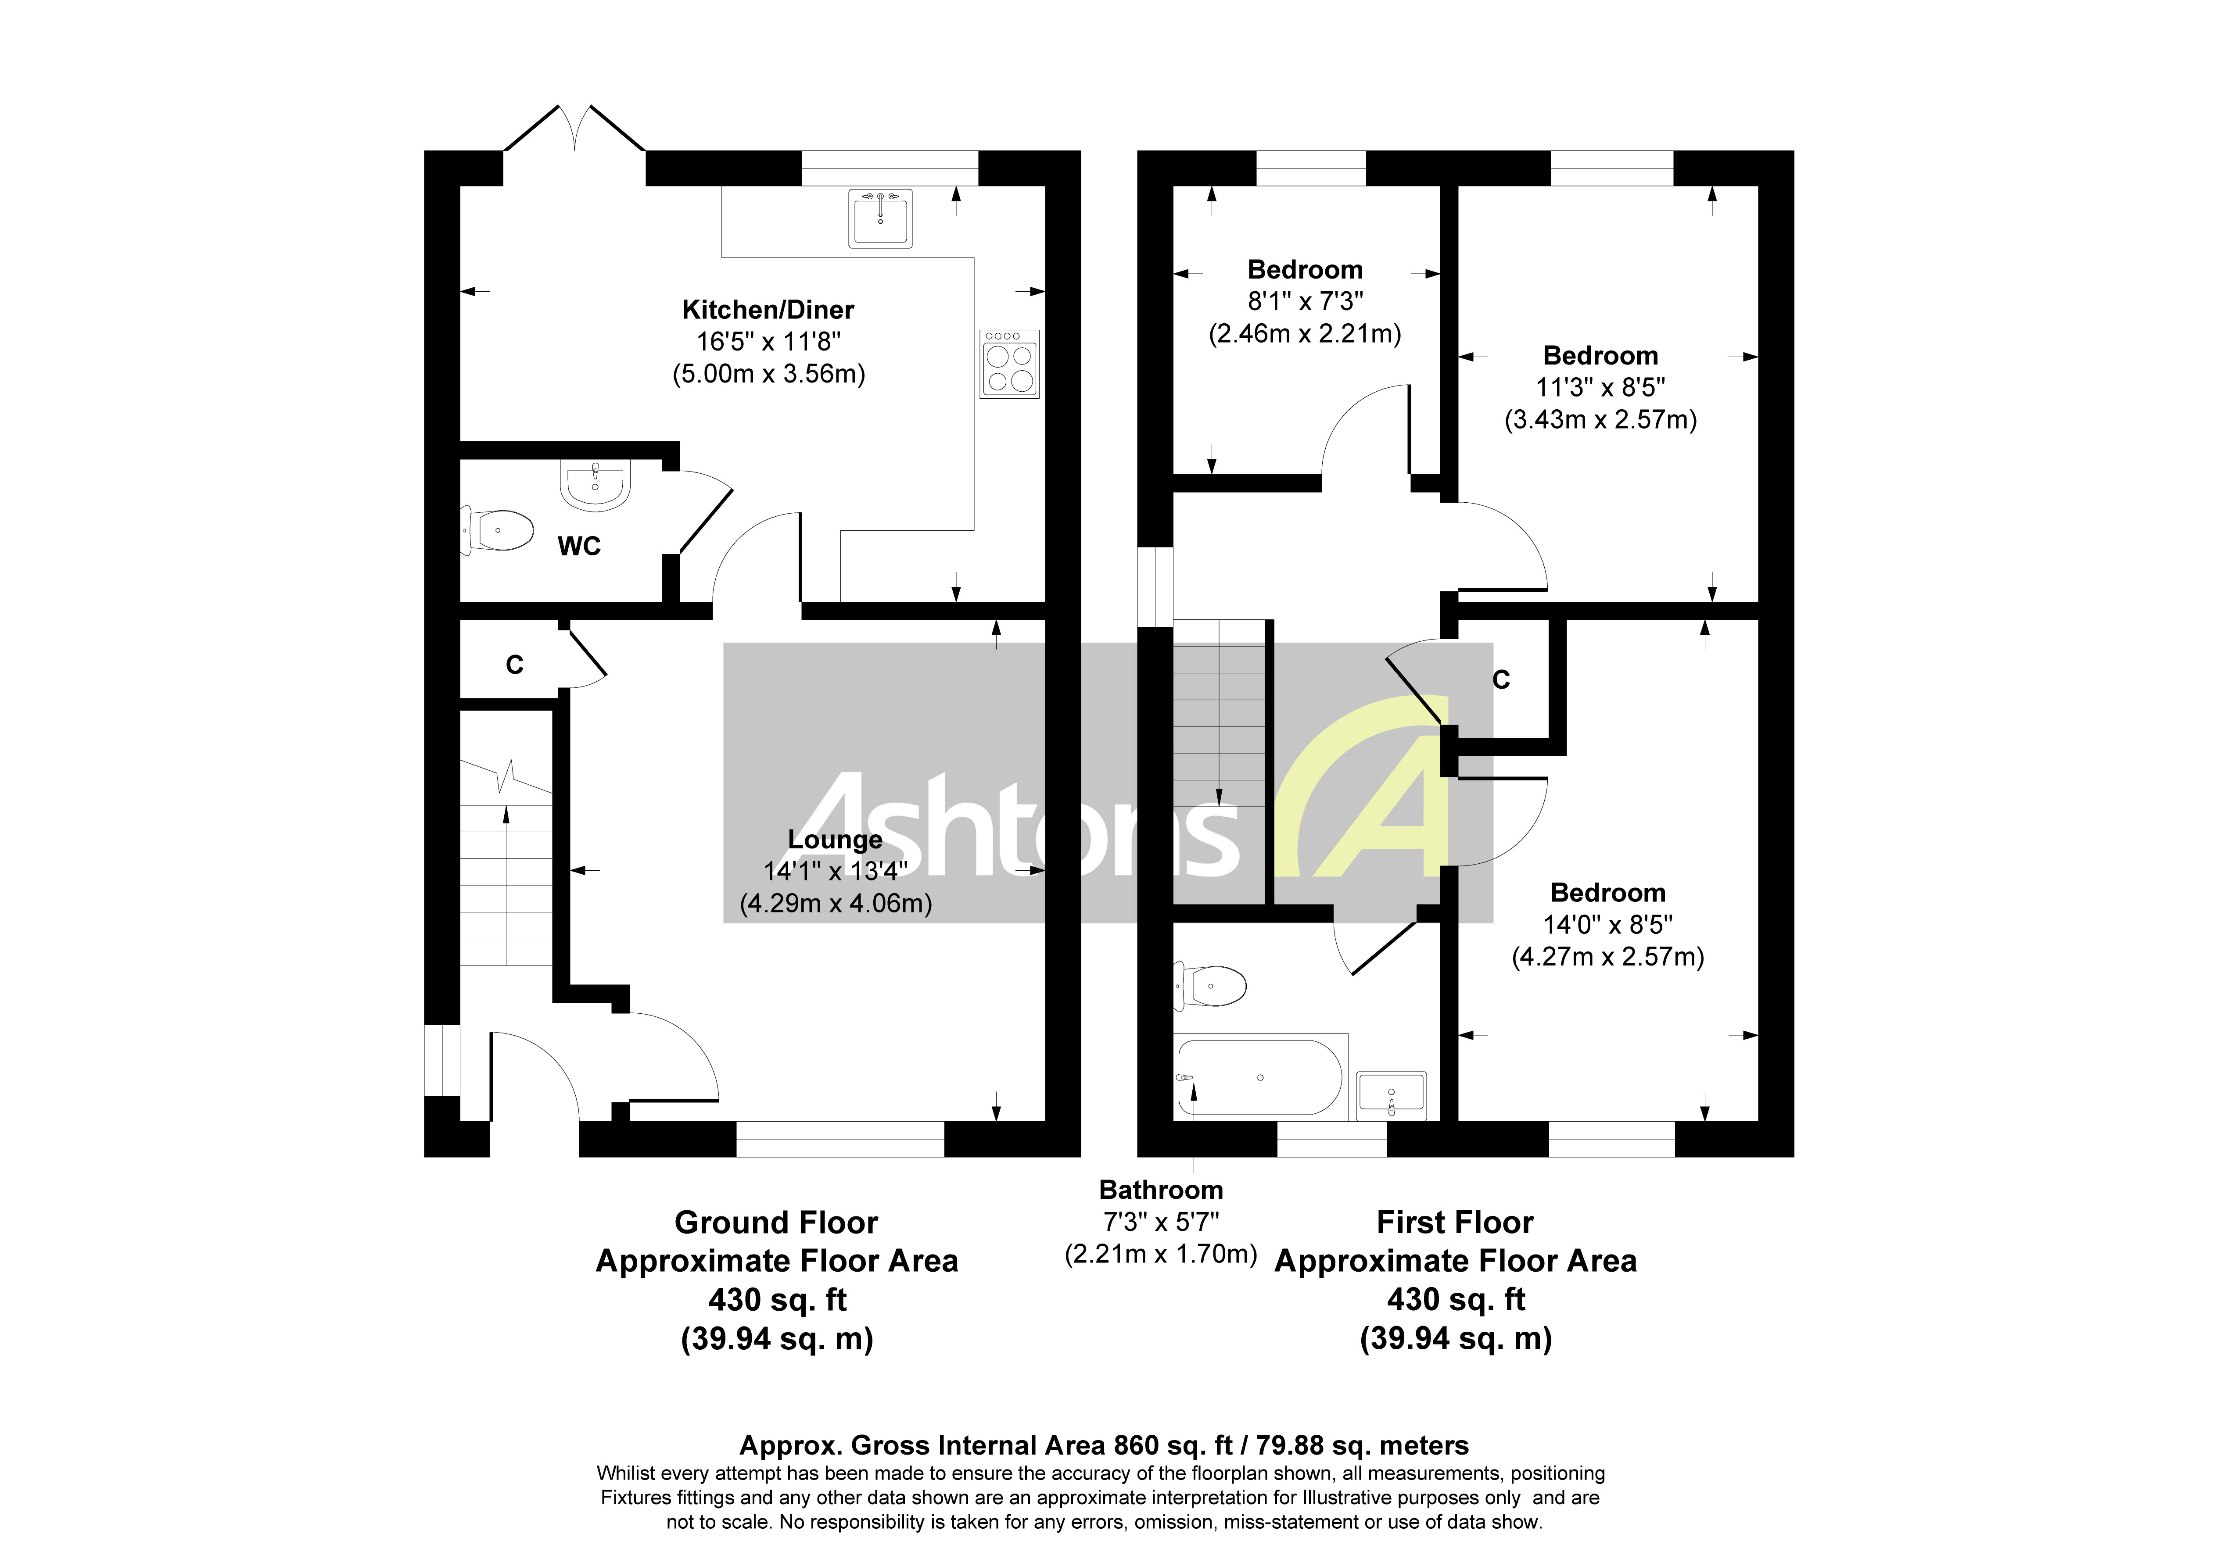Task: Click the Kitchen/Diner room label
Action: (x=768, y=310)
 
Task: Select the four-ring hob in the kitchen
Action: (x=1009, y=364)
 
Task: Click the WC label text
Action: (x=579, y=547)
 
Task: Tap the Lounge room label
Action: (x=835, y=840)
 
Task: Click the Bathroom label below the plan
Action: (x=1161, y=1190)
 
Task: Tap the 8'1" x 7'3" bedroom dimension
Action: (x=1305, y=301)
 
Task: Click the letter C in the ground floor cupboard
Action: (x=515, y=665)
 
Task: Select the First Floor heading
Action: (x=1454, y=1223)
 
